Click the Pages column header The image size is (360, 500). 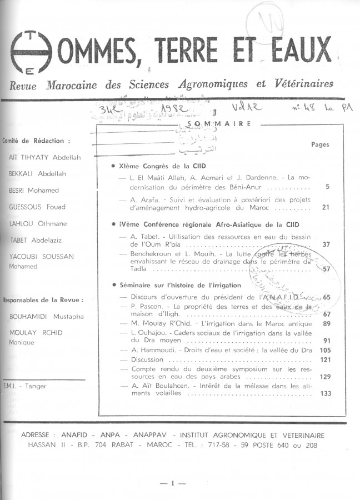(320, 144)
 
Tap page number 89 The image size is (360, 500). (326, 324)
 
